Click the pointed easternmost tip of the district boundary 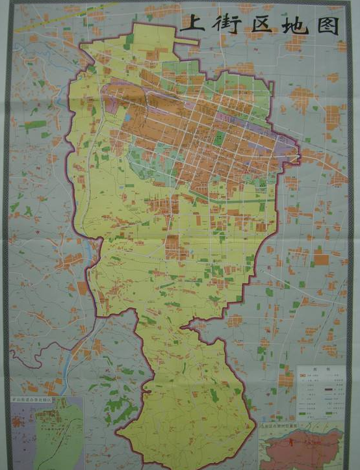301,154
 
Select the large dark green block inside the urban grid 220,138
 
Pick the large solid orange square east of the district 321,259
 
